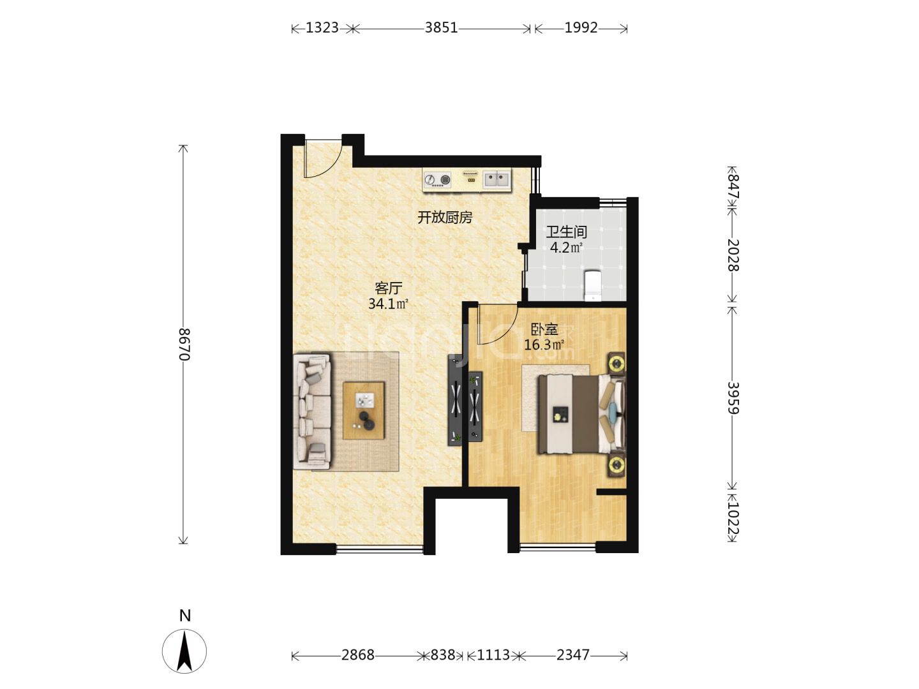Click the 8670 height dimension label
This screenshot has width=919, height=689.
click(x=184, y=344)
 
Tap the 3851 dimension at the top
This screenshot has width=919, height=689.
click(x=441, y=27)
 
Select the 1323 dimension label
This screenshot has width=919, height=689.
click(x=322, y=27)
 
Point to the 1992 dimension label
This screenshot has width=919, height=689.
click(x=581, y=27)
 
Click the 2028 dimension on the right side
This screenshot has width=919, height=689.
click(x=733, y=255)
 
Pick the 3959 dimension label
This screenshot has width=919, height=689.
click(x=733, y=398)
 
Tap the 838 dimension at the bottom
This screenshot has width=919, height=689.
click(x=443, y=655)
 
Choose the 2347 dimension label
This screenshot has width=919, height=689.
click(x=572, y=655)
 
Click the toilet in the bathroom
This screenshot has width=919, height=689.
click(x=593, y=286)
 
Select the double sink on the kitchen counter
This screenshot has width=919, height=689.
click(x=497, y=179)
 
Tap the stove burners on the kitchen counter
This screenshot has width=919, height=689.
click(x=438, y=180)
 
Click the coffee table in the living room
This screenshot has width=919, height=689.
click(x=363, y=410)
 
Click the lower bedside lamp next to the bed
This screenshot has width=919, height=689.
click(x=616, y=464)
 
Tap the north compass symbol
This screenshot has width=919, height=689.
click(x=184, y=651)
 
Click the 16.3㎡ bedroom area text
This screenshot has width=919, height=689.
click(x=544, y=345)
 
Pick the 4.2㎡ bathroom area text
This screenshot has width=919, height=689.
click(x=566, y=248)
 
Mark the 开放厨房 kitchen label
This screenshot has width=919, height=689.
click(x=445, y=218)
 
